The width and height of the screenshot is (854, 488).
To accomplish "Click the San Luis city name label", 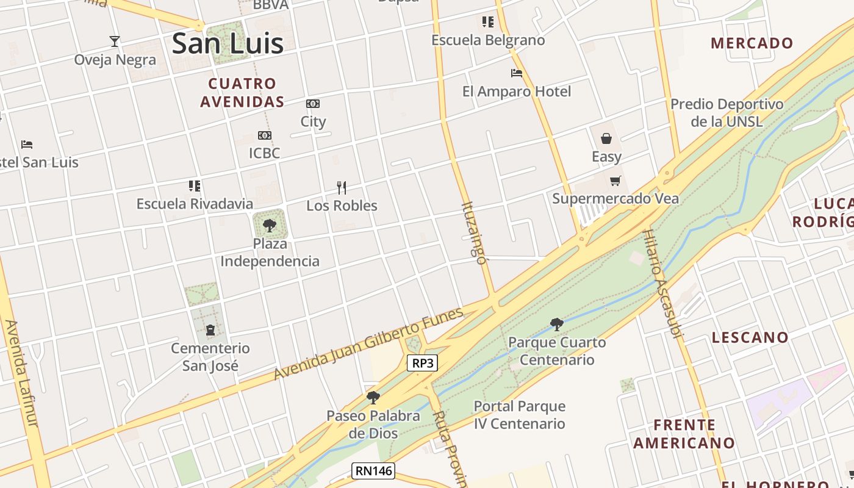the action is pos(228,43).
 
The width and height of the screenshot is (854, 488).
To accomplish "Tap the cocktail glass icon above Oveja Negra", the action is pos(115,41).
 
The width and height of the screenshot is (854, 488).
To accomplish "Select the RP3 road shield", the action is pos(423,364).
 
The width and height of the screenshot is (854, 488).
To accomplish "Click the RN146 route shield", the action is pos(373,471).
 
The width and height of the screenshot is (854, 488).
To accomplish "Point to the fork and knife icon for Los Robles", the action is pos(342,187).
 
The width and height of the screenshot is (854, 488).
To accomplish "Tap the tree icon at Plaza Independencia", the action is pos(270,226).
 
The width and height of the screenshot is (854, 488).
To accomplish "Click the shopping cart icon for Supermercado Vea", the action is pos(615,181).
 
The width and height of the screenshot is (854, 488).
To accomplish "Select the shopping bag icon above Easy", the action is pos(606,138).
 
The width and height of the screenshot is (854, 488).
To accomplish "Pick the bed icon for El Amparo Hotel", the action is pos(517,73).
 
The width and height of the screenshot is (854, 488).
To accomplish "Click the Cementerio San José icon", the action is pos(210,330).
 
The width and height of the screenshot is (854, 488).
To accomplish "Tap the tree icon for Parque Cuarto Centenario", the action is pos(556,324).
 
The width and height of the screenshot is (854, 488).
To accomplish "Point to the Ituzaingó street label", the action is pos(475,233).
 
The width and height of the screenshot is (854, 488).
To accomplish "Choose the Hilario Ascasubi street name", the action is pos(664,283).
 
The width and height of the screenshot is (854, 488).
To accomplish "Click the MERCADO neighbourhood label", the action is pos(752,43).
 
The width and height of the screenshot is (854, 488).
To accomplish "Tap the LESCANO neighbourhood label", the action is pos(750,337).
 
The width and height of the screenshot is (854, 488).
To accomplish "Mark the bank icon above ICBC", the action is pos(264,135).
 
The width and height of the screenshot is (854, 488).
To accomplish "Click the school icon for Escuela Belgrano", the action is pos(488,22).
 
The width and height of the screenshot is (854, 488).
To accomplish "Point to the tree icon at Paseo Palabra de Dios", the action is pos(373,398).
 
